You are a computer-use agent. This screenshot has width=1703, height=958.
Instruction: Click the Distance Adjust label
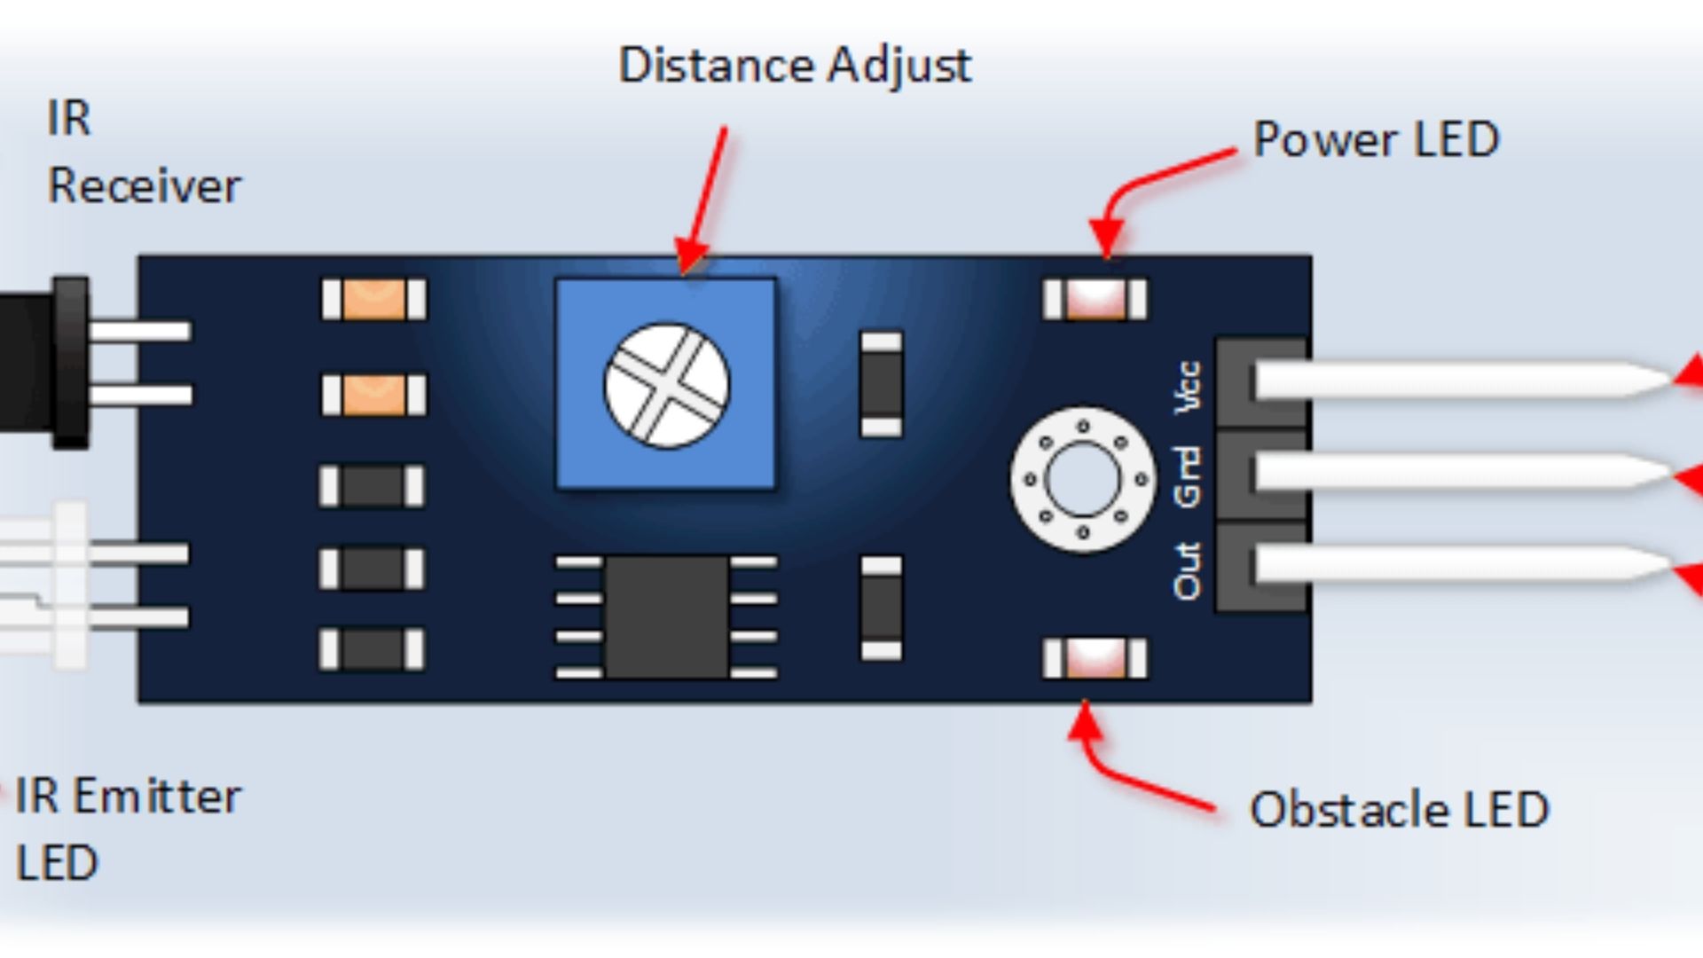click(x=795, y=66)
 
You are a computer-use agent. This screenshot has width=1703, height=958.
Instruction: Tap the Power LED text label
click(x=1376, y=140)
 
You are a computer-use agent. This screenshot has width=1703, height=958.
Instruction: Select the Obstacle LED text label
click(x=1399, y=810)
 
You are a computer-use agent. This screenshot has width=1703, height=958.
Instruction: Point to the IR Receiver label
click(x=143, y=153)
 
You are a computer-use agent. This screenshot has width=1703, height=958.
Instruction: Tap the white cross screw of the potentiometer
click(x=667, y=385)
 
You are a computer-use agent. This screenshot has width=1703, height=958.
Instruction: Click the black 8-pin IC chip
click(x=666, y=616)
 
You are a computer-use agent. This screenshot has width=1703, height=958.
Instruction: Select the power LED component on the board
click(x=1095, y=299)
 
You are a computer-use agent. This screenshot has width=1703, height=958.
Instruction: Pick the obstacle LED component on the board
click(x=1095, y=659)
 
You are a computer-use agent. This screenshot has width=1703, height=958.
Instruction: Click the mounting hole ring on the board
click(x=1082, y=480)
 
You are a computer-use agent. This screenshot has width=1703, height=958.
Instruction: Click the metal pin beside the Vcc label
click(x=1455, y=381)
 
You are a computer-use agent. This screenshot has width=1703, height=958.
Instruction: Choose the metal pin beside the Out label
click(x=1455, y=564)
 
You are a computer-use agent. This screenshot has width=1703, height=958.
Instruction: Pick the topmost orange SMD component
click(x=373, y=299)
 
